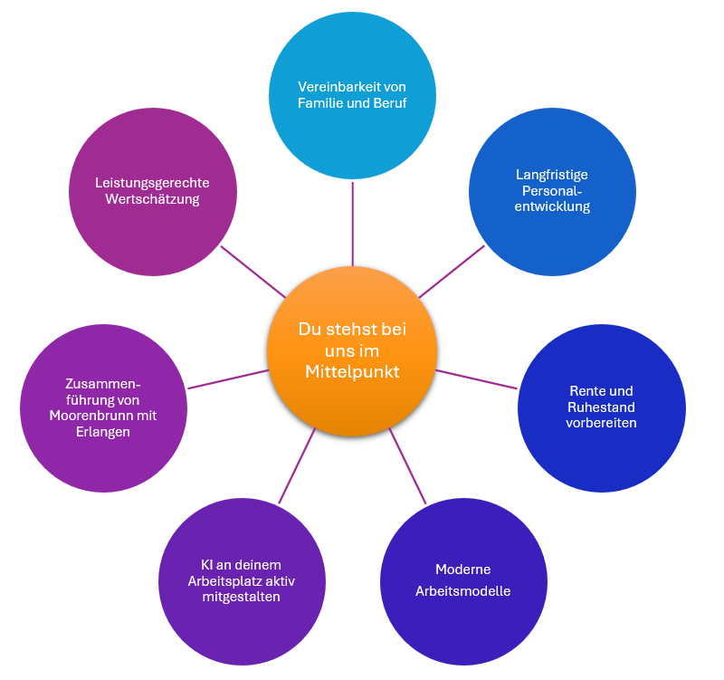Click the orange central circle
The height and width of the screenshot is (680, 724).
352,351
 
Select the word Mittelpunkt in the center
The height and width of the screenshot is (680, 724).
352,372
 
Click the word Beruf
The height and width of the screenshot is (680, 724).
390,103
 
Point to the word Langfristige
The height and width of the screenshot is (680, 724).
552,175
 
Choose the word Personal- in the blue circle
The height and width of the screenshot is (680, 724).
552,191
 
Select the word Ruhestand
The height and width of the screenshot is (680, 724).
601,407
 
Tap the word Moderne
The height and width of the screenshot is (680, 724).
463,570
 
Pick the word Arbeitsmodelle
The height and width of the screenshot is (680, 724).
463,591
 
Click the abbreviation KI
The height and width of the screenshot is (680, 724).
206,565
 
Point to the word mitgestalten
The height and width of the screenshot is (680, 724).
241,597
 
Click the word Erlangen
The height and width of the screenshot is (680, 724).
103,433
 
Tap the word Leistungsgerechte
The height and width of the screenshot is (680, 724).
152,184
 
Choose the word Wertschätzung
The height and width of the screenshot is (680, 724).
152,199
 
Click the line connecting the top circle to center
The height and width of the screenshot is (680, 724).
353,224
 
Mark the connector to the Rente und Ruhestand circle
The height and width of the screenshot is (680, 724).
477,379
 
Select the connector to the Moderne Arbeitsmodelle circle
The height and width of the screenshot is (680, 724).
408,466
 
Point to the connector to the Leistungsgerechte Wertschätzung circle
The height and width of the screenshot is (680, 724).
253,273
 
